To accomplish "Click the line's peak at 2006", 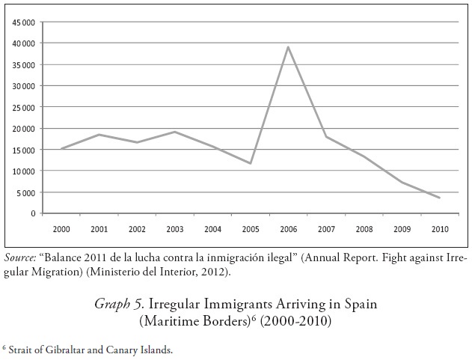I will [x=289, y=46].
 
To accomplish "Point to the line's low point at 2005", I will [x=251, y=163].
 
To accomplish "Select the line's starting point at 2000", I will [x=61, y=148].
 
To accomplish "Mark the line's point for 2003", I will [x=175, y=132].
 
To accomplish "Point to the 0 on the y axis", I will [x=33, y=213].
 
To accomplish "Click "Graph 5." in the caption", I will [x=120, y=305].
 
